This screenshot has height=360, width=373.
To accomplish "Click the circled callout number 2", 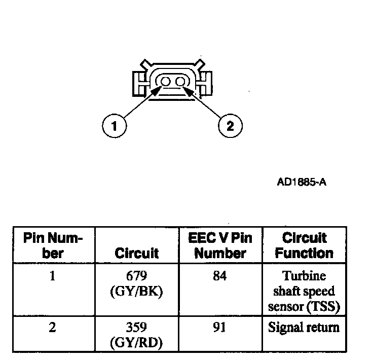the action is pyautogui.click(x=230, y=126).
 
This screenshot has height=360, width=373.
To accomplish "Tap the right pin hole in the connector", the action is pyautogui.click(x=180, y=82).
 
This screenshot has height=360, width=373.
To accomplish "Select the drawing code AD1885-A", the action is pyautogui.click(x=302, y=182).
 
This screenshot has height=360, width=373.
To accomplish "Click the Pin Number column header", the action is pyautogui.click(x=53, y=245).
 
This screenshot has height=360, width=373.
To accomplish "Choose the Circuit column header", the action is pyautogui.click(x=136, y=253).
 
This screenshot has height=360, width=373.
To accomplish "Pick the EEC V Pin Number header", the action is pyautogui.click(x=219, y=245).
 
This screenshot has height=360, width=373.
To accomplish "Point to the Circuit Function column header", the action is pyautogui.click(x=304, y=245).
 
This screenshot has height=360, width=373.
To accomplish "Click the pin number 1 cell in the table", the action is pyautogui.click(x=53, y=277).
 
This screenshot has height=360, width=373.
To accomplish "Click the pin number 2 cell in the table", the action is pyautogui.click(x=53, y=327).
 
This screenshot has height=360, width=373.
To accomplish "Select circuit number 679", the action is pyautogui.click(x=137, y=277).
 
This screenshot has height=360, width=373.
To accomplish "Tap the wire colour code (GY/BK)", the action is pyautogui.click(x=137, y=292).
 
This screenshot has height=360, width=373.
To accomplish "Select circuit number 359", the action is pyautogui.click(x=137, y=328).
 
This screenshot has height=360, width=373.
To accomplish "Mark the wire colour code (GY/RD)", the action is pyautogui.click(x=137, y=343).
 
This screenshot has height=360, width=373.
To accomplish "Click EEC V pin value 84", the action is pyautogui.click(x=220, y=277).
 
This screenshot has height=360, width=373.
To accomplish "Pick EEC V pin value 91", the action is pyautogui.click(x=220, y=328).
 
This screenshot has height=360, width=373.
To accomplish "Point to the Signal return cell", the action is pyautogui.click(x=304, y=327).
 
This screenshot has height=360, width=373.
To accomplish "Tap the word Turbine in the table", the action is pyautogui.click(x=304, y=277).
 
